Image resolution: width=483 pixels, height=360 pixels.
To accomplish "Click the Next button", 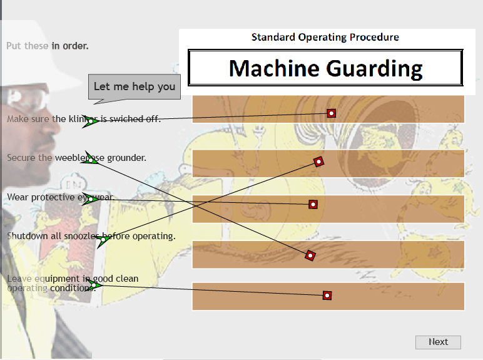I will tap(438, 342).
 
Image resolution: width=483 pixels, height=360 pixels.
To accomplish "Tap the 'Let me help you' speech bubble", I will tap(135, 86).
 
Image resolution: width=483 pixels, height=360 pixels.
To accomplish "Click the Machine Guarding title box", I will tap(325, 68).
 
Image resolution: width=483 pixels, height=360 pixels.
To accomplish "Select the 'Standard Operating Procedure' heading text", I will tap(325, 37).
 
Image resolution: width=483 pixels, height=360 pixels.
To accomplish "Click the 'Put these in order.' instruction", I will tap(48, 46).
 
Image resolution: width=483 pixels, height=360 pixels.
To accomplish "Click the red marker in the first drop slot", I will tap(332, 113).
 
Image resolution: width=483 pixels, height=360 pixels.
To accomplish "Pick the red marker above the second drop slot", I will tap(318, 162).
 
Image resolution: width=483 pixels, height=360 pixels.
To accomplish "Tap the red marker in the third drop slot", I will tap(313, 204).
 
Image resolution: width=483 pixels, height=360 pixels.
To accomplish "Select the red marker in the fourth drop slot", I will tap(310, 255).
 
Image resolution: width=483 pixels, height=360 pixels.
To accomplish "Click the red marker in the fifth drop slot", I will tap(327, 295).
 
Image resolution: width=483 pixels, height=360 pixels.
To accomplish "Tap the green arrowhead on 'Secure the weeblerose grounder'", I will tap(91, 160).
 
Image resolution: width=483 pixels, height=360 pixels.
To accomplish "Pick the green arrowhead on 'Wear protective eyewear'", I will tap(91, 200).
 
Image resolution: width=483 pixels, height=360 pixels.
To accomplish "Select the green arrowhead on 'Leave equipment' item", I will tap(95, 285).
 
